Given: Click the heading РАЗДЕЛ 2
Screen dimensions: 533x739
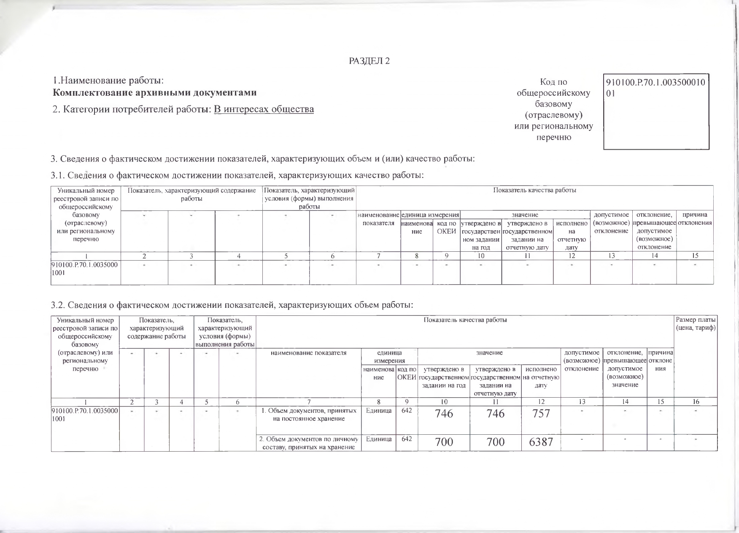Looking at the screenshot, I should click(x=369, y=61).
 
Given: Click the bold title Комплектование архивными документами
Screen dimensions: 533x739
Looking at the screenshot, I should click(x=155, y=93).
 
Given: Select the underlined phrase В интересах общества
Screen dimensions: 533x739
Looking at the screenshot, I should click(x=264, y=109).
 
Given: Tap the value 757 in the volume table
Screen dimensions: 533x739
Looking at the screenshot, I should click(x=541, y=413).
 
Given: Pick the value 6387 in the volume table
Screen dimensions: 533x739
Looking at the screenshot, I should click(x=541, y=442).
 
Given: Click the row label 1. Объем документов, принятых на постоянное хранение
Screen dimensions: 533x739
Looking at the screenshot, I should click(x=309, y=415).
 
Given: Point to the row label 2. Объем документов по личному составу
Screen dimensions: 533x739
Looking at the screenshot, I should click(x=308, y=443).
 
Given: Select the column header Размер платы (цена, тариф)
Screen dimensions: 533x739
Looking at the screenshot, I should click(x=695, y=324).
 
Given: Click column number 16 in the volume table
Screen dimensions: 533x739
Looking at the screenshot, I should click(x=696, y=402).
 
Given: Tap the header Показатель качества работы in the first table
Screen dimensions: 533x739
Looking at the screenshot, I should click(x=534, y=190).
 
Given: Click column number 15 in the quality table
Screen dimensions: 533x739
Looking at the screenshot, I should click(x=695, y=256).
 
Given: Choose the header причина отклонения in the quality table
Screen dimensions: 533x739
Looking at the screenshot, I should click(x=695, y=219).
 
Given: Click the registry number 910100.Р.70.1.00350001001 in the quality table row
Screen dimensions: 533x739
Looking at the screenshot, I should click(x=85, y=268).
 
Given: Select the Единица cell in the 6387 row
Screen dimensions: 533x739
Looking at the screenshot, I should click(x=378, y=439).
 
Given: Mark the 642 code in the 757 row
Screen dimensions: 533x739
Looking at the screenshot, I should click(x=407, y=410).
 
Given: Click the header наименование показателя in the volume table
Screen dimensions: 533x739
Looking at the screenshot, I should click(x=308, y=353).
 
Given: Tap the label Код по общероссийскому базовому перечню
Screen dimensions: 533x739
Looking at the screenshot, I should click(x=553, y=109).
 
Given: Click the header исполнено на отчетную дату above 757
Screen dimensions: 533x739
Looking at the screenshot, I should click(x=541, y=377).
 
